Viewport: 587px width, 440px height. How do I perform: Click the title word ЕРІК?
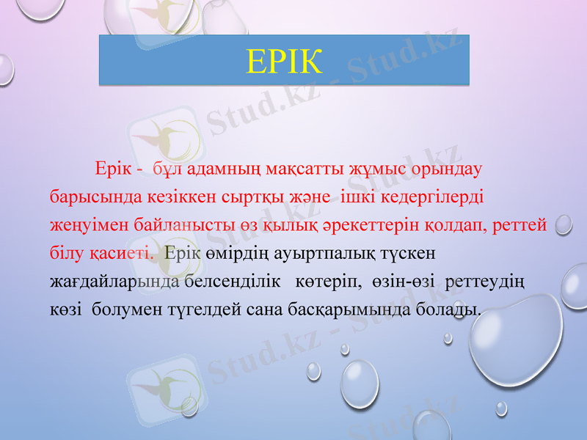click(285, 62)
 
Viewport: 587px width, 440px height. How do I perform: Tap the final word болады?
click(453, 309)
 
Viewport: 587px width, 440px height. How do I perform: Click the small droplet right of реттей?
click(564, 224)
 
